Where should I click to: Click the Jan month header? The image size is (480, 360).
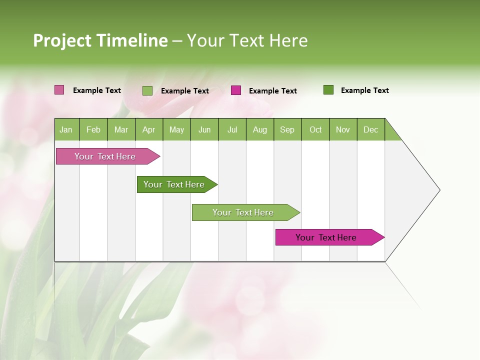pos(66,129)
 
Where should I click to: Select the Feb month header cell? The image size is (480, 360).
pos(93,129)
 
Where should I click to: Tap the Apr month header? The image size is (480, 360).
pos(148,129)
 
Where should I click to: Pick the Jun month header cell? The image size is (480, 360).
pos(204,129)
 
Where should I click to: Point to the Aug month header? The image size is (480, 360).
pos(260,129)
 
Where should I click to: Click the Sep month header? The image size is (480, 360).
pos(287,129)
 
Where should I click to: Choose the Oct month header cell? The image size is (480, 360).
pos(315,129)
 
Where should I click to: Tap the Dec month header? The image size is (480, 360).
pos(371,129)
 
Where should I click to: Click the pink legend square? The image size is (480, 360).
pos(59,90)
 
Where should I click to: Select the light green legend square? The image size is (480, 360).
pos(147,90)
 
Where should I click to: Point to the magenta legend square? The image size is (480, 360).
pos(236,90)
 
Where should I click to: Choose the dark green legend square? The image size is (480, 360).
pos(328,90)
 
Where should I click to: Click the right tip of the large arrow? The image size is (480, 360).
pos(439,190)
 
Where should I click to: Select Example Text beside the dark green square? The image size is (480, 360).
pos(364,90)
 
